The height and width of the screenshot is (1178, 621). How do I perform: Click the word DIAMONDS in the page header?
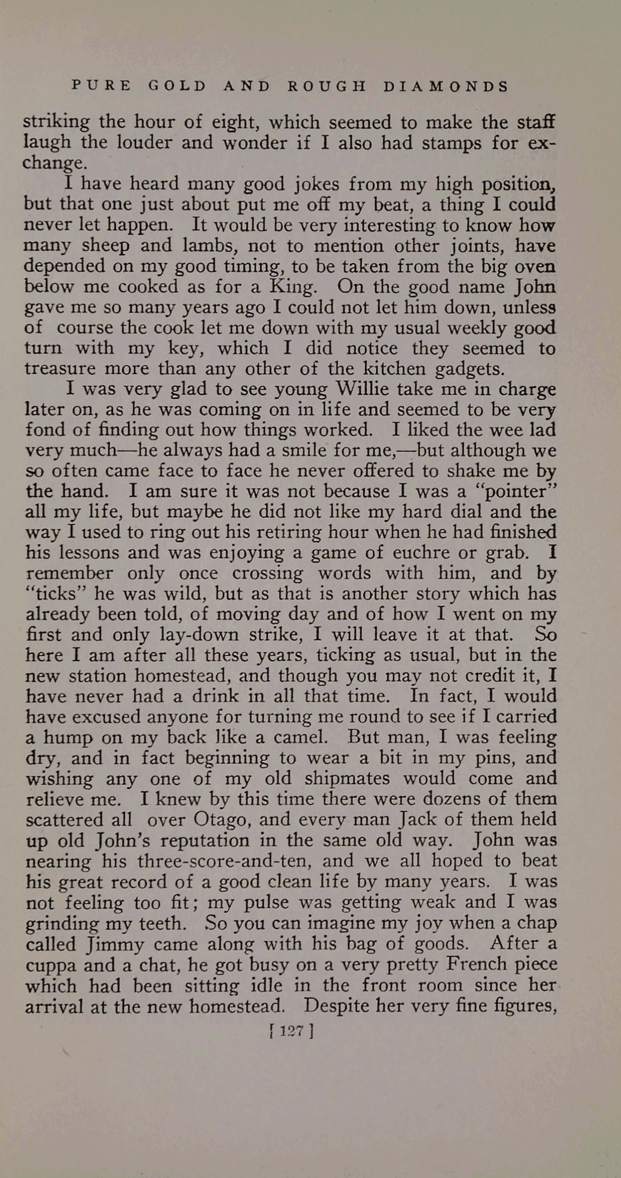[x=447, y=86]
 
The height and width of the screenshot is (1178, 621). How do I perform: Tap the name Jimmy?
[x=116, y=944]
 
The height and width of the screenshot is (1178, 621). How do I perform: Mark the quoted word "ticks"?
[x=55, y=593]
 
